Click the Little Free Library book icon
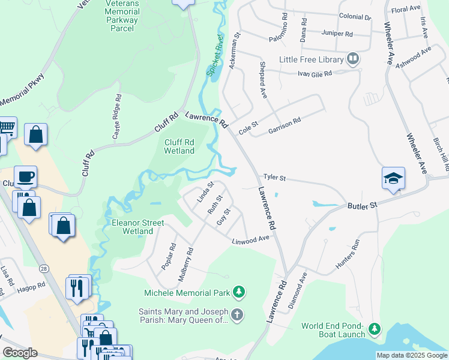click(x=353, y=59)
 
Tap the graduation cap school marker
click(x=393, y=178)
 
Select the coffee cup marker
click(x=26, y=176)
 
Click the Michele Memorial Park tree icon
click(x=240, y=292)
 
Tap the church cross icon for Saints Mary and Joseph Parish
click(x=238, y=314)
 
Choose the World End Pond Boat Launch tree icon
click(x=374, y=329)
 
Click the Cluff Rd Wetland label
click(x=179, y=146)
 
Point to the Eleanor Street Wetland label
click(x=137, y=226)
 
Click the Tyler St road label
click(x=275, y=178)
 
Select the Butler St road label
click(x=361, y=205)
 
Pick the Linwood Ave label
click(x=251, y=239)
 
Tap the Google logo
click(x=20, y=352)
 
